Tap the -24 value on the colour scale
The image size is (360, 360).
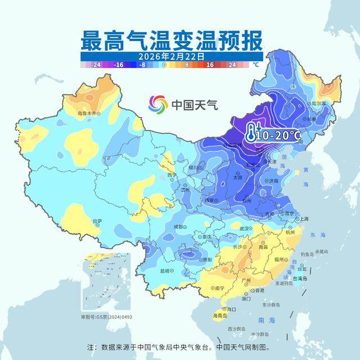click(97, 65)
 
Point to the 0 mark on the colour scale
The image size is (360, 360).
click(164, 65)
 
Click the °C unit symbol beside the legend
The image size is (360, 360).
click(256, 65)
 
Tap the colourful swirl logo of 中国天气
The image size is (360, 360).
click(158, 104)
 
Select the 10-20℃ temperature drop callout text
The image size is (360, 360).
click(278, 136)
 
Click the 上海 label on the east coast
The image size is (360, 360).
click(303, 219)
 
